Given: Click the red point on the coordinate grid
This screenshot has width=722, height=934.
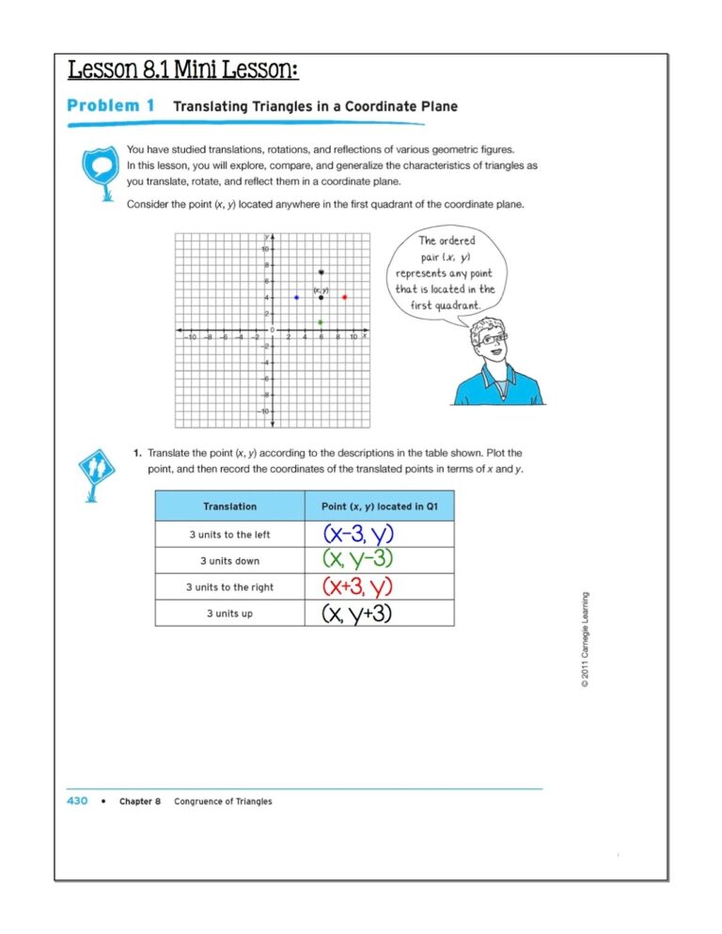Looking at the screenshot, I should (x=345, y=297).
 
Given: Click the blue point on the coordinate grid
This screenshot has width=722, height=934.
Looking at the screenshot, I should (x=296, y=297).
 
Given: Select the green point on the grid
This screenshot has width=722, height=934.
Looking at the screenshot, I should (x=321, y=322).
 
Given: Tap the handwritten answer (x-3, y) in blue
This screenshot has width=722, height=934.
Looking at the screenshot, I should (x=358, y=535).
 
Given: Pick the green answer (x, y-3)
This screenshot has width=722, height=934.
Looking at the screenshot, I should (x=357, y=560).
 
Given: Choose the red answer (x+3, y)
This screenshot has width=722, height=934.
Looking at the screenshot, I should (x=357, y=587).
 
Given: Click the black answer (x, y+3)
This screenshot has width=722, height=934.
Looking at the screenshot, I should (x=357, y=614).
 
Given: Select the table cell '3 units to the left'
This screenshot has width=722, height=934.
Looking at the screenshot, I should (x=229, y=535).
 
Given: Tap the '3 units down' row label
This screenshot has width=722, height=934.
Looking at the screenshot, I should (x=229, y=561).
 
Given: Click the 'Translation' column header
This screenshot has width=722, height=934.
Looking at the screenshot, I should (x=229, y=506).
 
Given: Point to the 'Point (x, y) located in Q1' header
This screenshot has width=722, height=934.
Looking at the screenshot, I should (x=379, y=506).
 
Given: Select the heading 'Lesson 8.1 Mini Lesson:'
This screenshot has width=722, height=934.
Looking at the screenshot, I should (x=183, y=70).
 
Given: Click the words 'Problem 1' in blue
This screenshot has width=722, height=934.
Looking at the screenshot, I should (x=111, y=106).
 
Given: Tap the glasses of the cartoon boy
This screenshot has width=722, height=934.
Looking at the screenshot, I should (x=493, y=336).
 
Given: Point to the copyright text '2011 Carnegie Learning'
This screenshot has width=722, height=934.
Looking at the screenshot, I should (x=585, y=644).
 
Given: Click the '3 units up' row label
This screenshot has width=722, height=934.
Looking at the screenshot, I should (x=229, y=614).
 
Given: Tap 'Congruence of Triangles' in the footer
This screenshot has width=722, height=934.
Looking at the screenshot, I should (x=223, y=802).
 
